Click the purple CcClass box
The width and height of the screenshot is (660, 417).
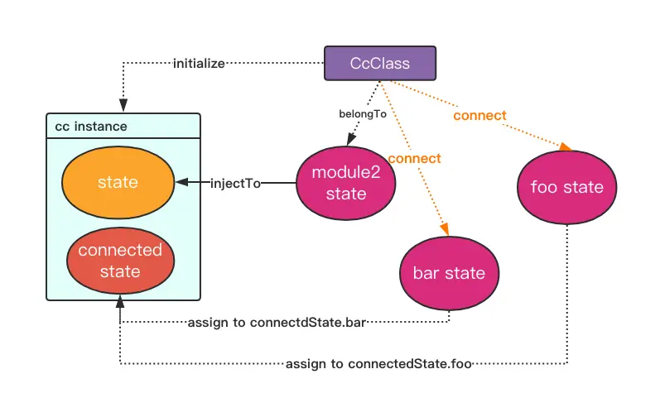(x=378, y=64)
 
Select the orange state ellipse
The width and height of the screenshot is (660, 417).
(x=118, y=181)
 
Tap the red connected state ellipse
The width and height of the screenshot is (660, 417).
(x=120, y=260)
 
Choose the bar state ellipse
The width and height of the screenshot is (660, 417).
(x=448, y=272)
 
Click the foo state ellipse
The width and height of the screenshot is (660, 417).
(x=566, y=187)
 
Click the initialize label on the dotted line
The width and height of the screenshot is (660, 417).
(x=199, y=64)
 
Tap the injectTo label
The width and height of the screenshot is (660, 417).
(x=236, y=183)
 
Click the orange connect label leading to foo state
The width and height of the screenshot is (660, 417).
(x=479, y=115)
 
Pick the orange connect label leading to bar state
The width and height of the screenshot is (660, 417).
(x=414, y=157)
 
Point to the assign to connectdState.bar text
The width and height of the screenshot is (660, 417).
(x=277, y=322)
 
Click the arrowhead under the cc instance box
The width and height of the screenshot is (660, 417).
(x=121, y=306)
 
